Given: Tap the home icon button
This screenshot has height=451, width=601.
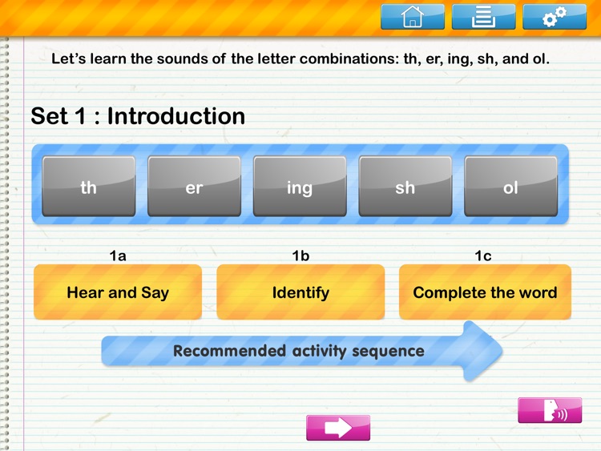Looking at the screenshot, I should (412, 17).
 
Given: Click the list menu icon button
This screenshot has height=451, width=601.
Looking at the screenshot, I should (483, 17).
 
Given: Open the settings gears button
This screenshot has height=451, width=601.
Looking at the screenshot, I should (554, 17).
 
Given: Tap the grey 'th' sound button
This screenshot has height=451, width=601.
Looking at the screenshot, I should (89, 187).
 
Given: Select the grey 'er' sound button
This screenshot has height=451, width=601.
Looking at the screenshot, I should (194, 187).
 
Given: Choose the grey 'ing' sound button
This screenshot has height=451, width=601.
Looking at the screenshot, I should (300, 187).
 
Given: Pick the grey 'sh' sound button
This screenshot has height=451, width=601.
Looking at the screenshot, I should (405, 187).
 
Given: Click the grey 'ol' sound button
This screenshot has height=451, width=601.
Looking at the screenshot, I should (510, 187).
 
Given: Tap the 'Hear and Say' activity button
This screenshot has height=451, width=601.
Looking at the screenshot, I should (118, 292).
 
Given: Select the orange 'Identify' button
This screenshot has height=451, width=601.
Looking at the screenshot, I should (300, 292).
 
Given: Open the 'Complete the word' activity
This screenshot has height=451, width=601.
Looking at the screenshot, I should (485, 292).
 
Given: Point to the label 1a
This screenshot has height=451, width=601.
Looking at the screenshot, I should (118, 256).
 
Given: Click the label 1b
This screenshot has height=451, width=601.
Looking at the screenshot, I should (300, 256).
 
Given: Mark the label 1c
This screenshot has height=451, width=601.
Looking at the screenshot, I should (483, 256).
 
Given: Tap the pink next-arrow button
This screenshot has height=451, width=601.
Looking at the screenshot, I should (338, 428).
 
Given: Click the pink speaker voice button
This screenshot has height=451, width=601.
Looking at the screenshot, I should (549, 411).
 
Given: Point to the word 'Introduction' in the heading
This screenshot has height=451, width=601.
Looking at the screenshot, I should (176, 116).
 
